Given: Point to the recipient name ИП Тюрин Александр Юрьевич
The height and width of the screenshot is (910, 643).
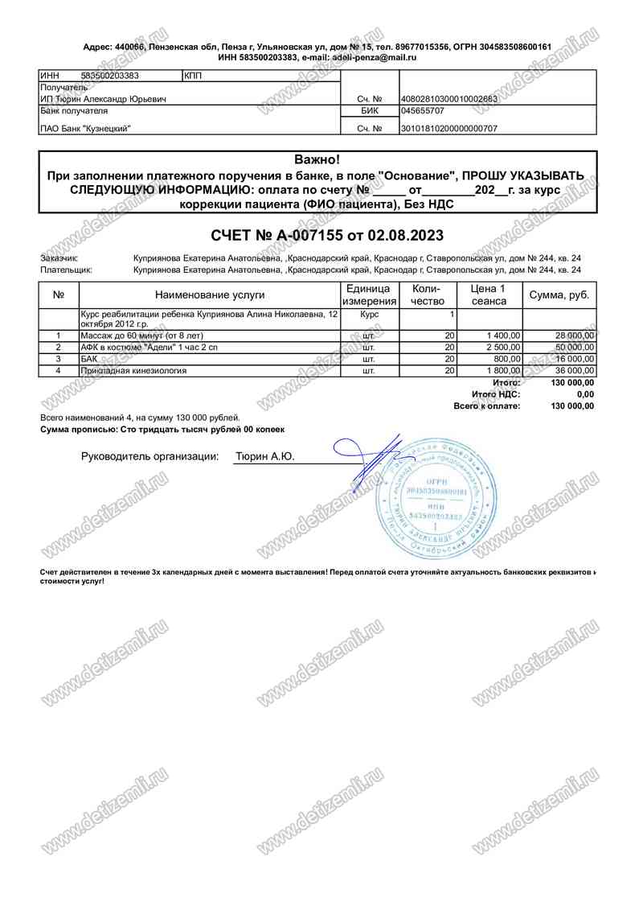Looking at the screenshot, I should coord(104,99).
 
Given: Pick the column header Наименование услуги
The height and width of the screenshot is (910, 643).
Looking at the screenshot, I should coord(210,295).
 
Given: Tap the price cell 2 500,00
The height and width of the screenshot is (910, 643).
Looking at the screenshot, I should coord(504,347).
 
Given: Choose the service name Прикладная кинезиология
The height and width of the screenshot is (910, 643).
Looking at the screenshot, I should coord(133,371).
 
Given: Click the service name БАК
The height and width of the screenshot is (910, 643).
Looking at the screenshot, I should coord(88,359).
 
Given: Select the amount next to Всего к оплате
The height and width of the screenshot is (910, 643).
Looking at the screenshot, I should coord(572,406).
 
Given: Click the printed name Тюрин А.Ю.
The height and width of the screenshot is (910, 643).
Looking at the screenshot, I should coord(264,457).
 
